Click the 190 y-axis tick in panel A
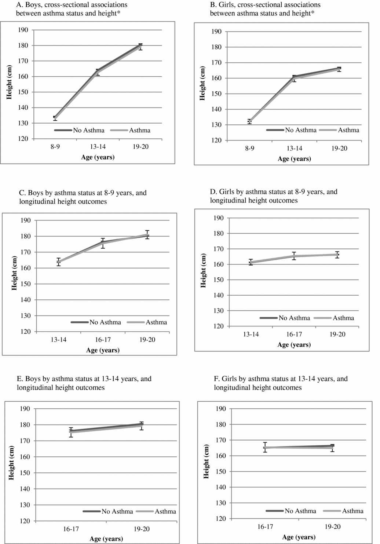pyautogui.click(x=23, y=30)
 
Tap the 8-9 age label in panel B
pyautogui.click(x=249, y=149)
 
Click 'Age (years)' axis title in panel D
pyautogui.click(x=294, y=345)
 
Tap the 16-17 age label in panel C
pyautogui.click(x=103, y=340)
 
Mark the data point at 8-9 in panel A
pyautogui.click(x=55, y=118)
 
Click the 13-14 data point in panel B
pyautogui.click(x=294, y=77)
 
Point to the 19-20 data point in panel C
pyautogui.click(x=147, y=235)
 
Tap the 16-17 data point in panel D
pyautogui.click(x=294, y=256)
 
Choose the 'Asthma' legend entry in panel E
pyautogui.click(x=165, y=511)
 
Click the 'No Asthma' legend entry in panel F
pyautogui.click(x=300, y=511)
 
